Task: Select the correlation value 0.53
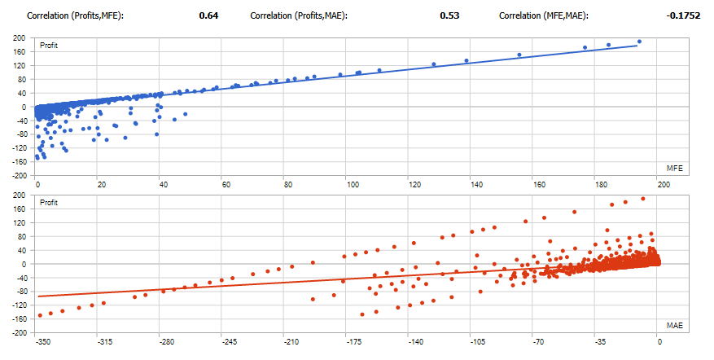(449, 15)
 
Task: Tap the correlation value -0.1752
(685, 15)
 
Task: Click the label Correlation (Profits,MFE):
(75, 15)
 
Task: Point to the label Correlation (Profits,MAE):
(299, 15)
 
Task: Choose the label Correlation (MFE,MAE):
(543, 15)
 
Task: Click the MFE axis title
(674, 168)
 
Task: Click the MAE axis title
(674, 326)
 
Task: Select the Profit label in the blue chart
(50, 46)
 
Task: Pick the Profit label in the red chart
(50, 202)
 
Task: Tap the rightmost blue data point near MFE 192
(639, 42)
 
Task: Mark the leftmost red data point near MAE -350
(39, 315)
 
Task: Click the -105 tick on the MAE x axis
(473, 342)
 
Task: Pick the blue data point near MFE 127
(434, 64)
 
